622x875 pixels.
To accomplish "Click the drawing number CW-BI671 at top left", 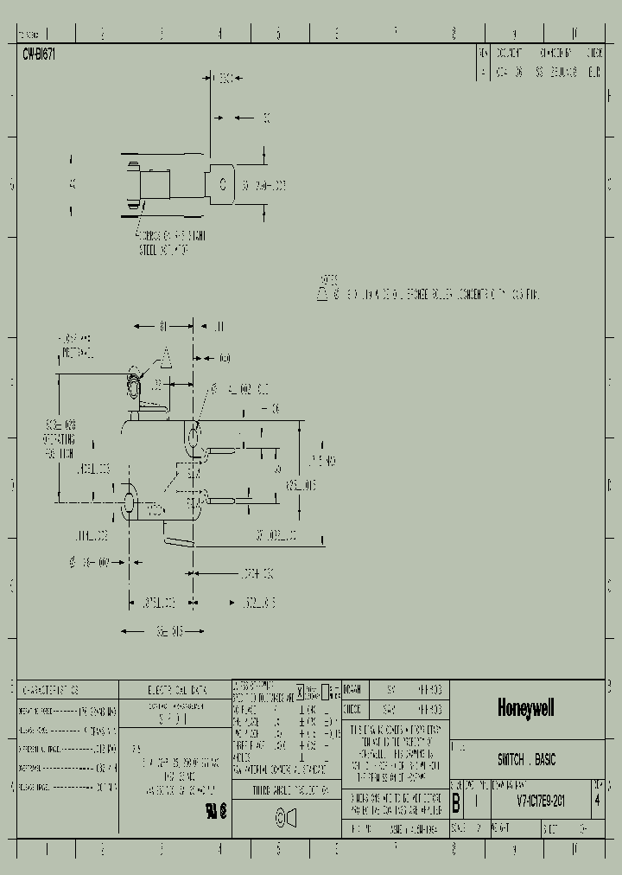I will [39, 54].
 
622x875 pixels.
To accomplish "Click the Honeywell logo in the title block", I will [525, 708].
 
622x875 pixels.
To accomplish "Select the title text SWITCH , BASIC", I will [526, 760].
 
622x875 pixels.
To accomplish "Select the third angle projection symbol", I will [286, 817].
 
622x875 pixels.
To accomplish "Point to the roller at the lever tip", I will [135, 383].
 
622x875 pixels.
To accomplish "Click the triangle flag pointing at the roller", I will [164, 356].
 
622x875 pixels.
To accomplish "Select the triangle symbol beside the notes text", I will [321, 294].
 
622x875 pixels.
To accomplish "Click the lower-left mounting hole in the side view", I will [130, 502].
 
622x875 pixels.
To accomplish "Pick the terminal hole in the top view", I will [222, 184].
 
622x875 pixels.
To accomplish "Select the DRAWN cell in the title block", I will [352, 690].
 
